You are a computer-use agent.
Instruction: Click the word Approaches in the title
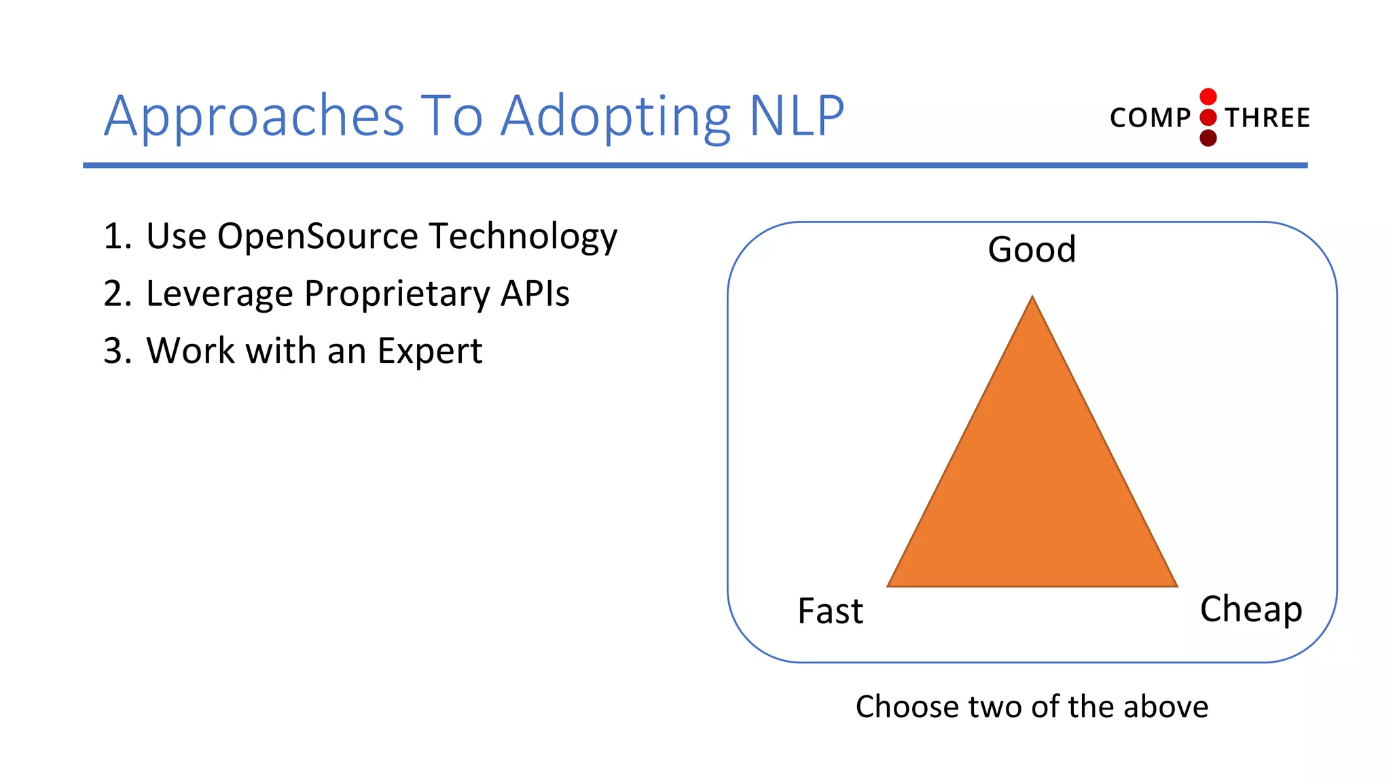pos(254,117)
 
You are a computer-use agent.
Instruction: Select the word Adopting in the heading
pos(615,117)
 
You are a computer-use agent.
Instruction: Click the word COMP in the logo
pos(1150,118)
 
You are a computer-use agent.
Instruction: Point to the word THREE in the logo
pos(1267,118)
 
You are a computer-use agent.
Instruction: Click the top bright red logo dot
pos(1208,97)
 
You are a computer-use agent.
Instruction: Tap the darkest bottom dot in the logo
pos(1208,139)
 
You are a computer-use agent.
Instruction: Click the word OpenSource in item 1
pos(317,237)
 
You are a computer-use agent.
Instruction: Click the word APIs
pos(535,294)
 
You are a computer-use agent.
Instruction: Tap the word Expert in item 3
pos(429,351)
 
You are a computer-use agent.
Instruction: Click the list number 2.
pos(113,294)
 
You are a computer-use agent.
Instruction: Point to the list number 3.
pos(113,351)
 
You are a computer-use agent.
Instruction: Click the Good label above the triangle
pos(1032,249)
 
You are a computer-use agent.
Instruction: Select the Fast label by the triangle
pos(830,610)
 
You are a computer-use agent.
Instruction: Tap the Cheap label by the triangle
pos(1250,609)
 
